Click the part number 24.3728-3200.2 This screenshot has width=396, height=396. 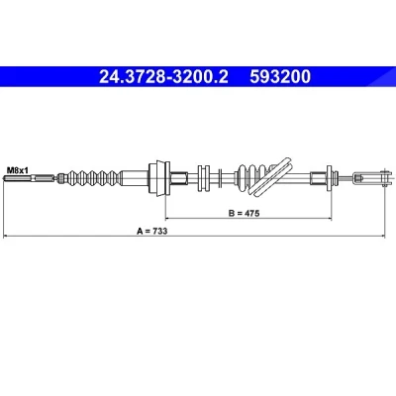click(163, 77)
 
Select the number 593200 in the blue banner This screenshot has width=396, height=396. click(280, 77)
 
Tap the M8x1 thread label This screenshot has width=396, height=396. click(18, 170)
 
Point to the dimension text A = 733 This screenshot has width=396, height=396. click(152, 231)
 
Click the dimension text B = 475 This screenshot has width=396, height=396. click(245, 213)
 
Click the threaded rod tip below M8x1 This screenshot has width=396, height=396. click(5, 179)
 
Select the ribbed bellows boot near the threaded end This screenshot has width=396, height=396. click(92, 178)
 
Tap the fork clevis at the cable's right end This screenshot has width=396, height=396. click(369, 178)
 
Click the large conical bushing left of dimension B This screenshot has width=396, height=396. click(158, 178)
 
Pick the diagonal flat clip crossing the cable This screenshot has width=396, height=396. click(269, 177)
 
